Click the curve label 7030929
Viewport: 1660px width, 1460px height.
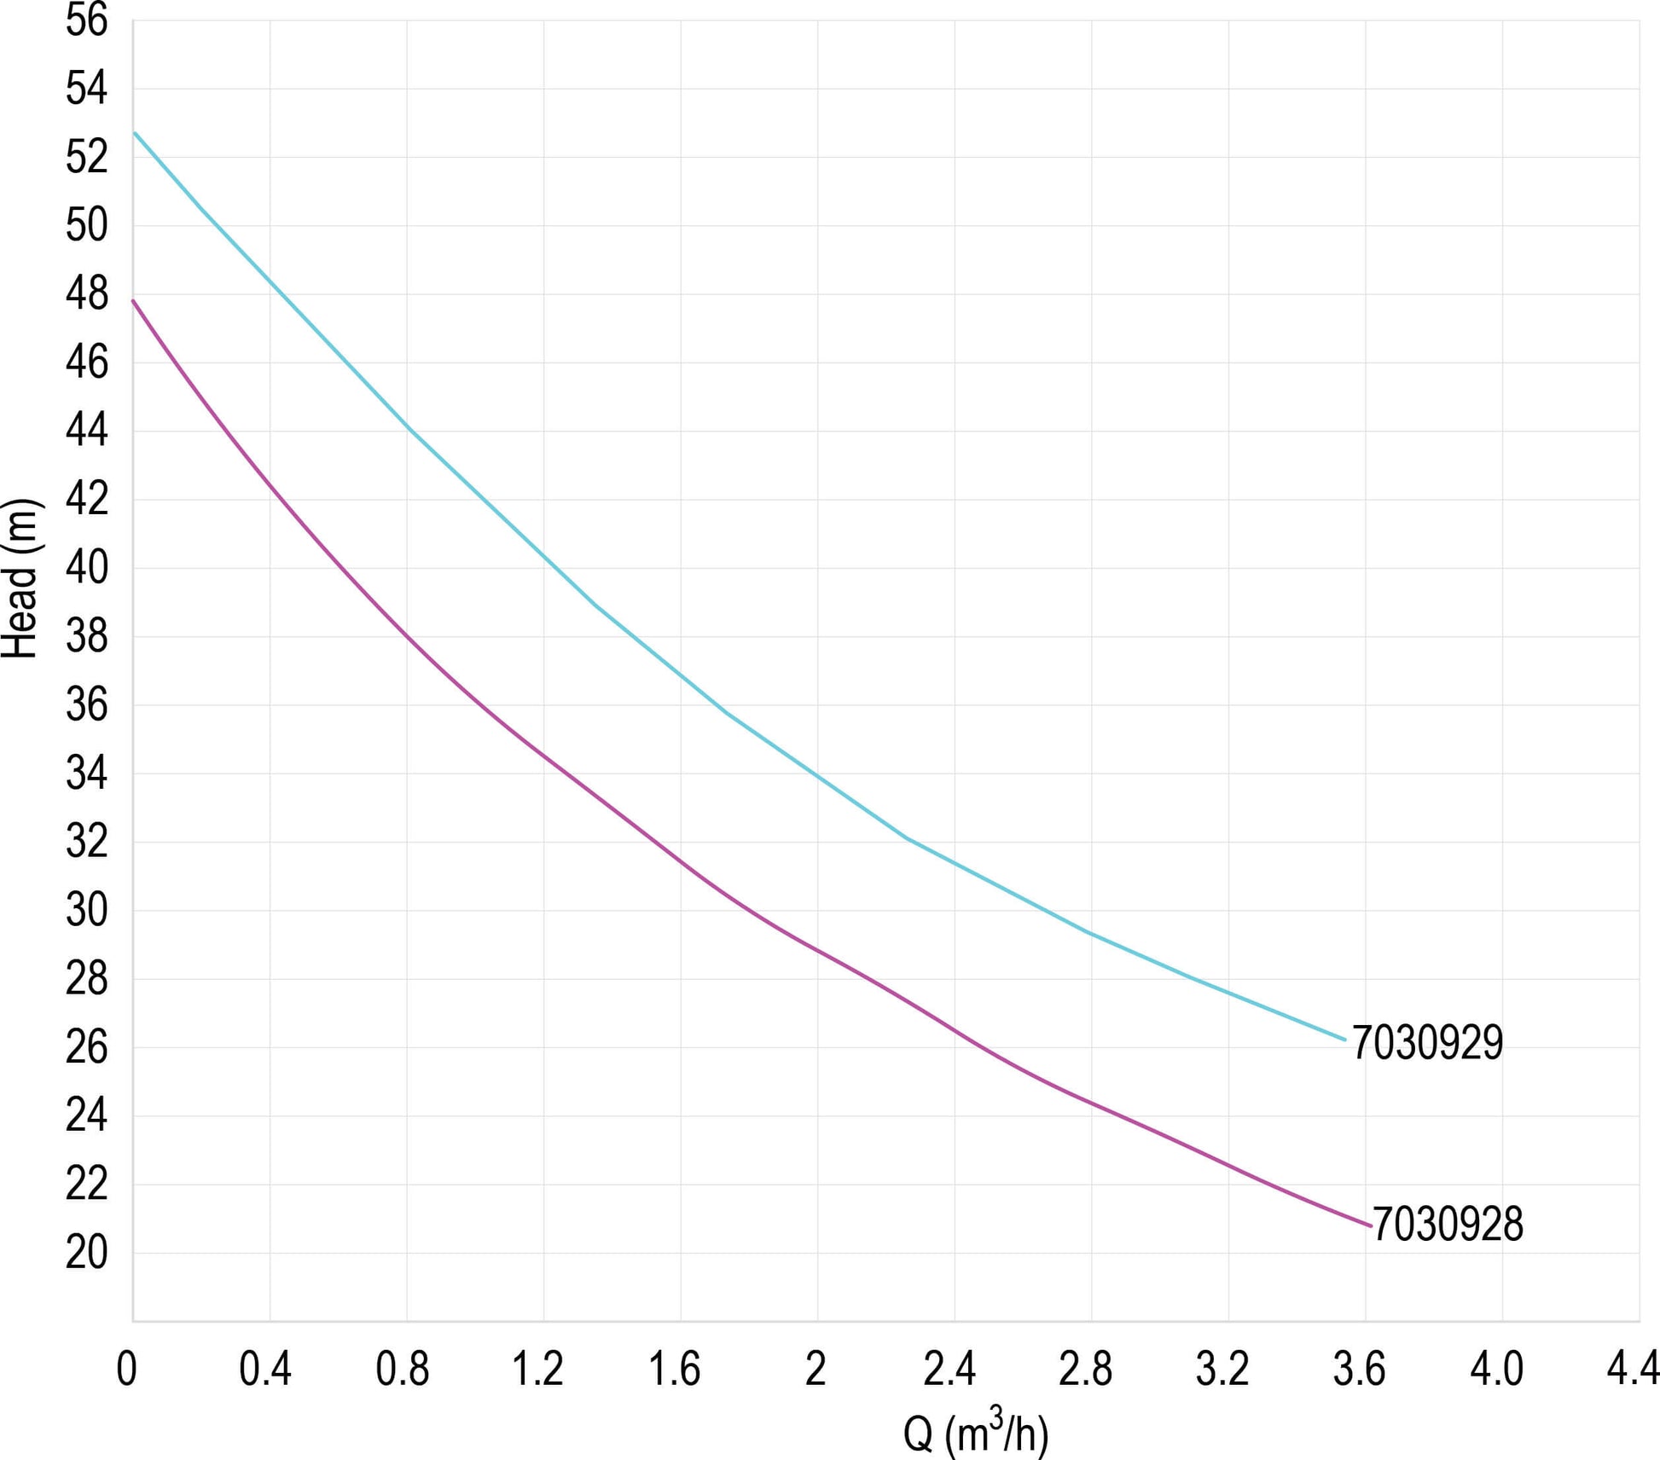(1427, 1043)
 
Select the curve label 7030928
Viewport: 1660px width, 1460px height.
(1448, 1225)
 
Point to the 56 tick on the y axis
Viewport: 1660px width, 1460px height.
(87, 20)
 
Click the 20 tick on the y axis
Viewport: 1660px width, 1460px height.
(87, 1253)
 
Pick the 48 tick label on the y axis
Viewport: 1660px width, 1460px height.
(87, 294)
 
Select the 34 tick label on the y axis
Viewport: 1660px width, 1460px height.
(87, 773)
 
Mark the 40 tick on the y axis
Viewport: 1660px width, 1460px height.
(87, 568)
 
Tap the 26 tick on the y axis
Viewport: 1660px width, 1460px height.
(87, 1047)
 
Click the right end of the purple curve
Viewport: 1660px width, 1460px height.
(1371, 1226)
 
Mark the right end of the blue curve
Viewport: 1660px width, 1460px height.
(1344, 1040)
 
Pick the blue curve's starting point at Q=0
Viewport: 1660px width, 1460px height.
(134, 133)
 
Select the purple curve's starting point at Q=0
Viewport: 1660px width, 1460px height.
(133, 300)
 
